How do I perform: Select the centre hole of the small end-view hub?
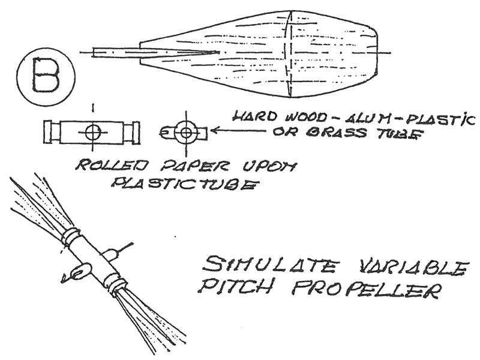[185, 131]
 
